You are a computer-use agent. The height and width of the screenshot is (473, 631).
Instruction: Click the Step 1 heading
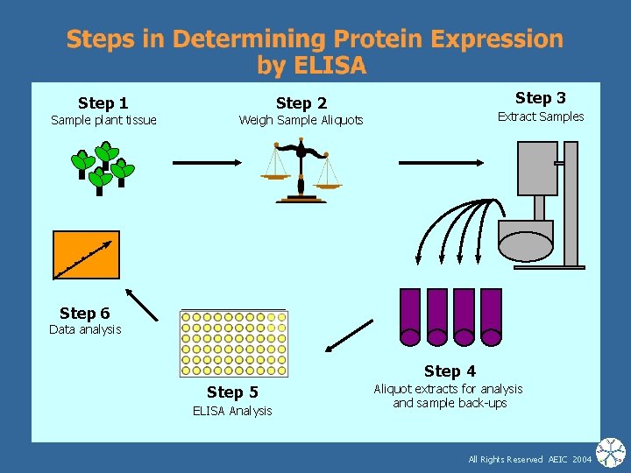(x=103, y=103)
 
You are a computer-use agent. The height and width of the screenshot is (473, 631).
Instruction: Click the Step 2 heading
(x=301, y=103)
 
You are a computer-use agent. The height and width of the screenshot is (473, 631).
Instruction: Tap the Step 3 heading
(x=540, y=98)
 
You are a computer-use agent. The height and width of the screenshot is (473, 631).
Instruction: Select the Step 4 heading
(x=450, y=371)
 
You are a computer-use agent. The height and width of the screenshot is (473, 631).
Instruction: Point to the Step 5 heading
(x=232, y=392)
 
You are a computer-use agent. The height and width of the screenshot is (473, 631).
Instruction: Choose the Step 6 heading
(x=84, y=313)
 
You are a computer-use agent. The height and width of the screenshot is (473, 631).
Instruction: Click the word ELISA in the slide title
(x=331, y=66)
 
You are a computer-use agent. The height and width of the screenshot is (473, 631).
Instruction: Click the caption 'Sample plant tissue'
(x=103, y=120)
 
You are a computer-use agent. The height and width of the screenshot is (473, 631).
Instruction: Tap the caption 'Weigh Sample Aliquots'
(x=301, y=120)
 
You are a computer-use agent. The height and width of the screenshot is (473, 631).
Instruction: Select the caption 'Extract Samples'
(x=540, y=116)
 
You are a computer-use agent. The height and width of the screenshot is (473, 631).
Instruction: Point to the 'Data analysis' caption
(x=85, y=329)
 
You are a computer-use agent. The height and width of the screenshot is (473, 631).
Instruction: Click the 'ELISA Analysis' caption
(x=232, y=411)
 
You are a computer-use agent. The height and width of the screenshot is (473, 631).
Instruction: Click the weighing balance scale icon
(x=301, y=173)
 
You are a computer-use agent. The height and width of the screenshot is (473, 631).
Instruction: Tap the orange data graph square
(x=86, y=254)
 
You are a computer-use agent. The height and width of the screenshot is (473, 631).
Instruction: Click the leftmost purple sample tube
(x=409, y=316)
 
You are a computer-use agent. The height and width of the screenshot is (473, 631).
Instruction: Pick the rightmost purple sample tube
(x=491, y=316)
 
